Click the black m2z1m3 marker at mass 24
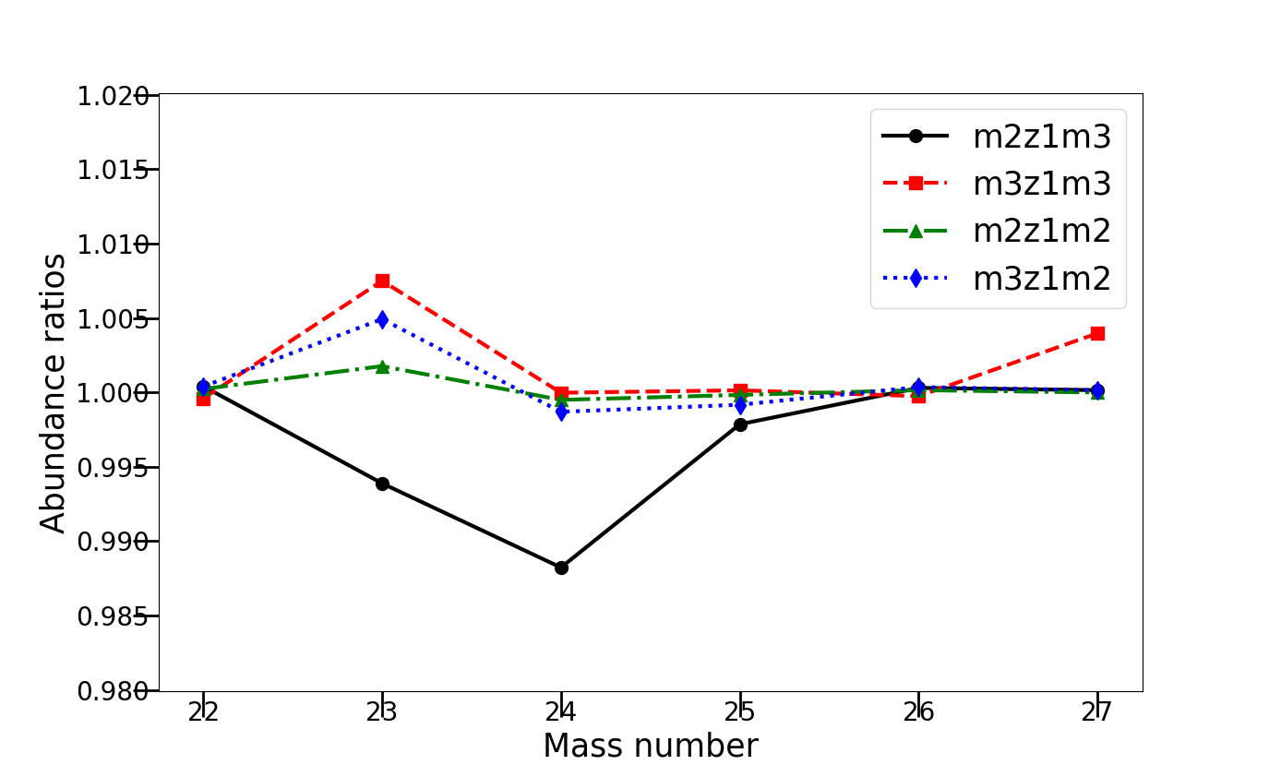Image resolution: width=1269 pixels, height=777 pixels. coord(561,568)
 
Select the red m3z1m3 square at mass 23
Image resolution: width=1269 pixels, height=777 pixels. coord(382,281)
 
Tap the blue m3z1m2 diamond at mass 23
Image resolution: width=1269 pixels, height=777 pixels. coord(382,320)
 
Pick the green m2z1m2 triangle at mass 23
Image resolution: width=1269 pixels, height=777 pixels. coord(382,366)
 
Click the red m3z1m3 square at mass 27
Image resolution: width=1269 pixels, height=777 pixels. coord(1097,333)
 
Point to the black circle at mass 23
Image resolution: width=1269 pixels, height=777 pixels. coord(382,484)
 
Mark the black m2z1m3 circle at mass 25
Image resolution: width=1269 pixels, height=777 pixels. coord(740,424)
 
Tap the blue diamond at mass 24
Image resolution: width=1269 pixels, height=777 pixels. coord(561,412)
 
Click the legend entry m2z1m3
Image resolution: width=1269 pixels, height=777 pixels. coord(1041,137)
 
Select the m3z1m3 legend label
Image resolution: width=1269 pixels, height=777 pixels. coord(1041,184)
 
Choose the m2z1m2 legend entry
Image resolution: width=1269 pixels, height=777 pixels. coord(1041,231)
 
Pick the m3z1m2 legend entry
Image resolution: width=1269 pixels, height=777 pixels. coord(1041,278)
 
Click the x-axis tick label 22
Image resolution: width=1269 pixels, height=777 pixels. coord(203,711)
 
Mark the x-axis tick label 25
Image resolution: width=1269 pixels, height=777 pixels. coord(740,711)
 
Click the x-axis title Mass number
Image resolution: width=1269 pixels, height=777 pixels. coord(651,746)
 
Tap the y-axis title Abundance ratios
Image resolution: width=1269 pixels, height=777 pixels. coord(54,393)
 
